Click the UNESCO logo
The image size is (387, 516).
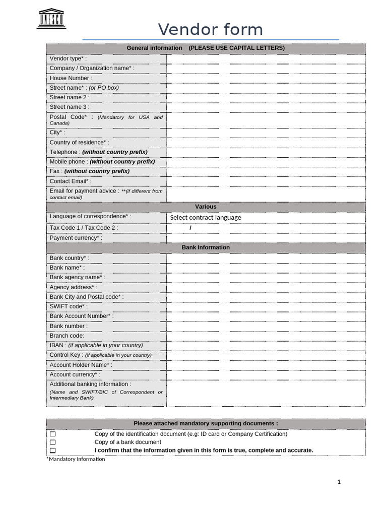click(51, 18)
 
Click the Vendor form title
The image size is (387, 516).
click(210, 30)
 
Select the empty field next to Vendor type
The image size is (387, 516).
click(266, 59)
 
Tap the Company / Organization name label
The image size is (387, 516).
click(92, 68)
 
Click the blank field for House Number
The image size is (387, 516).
click(266, 78)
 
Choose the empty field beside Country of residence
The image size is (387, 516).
click(266, 143)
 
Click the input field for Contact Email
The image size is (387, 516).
click(266, 181)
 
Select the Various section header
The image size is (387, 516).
click(206, 207)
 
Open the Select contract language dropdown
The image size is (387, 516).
click(206, 218)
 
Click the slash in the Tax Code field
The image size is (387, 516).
click(190, 228)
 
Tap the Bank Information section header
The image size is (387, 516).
click(206, 247)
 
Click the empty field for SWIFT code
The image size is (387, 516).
click(266, 306)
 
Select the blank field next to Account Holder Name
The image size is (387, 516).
click(266, 365)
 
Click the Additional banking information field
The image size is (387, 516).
click(266, 393)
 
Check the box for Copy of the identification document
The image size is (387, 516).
click(53, 434)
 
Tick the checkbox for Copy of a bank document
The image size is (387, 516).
click(53, 442)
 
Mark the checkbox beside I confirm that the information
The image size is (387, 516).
click(53, 450)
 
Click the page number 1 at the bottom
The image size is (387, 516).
click(339, 482)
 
